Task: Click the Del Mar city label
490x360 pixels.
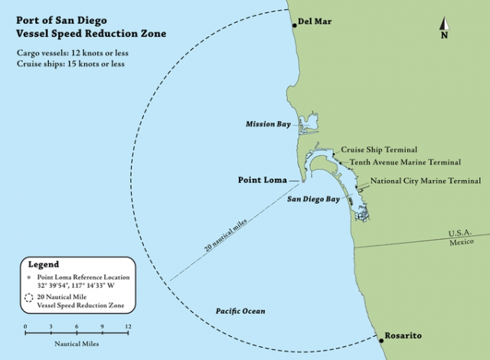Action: pyautogui.click(x=315, y=21)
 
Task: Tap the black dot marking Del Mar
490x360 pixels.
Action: pyautogui.click(x=294, y=25)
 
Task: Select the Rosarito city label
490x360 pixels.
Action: pyautogui.click(x=403, y=336)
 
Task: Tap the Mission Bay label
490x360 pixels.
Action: pyautogui.click(x=267, y=124)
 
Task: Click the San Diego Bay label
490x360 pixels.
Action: pyautogui.click(x=313, y=199)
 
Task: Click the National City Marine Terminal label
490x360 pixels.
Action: pyautogui.click(x=426, y=182)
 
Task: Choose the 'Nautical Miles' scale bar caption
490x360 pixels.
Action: pyautogui.click(x=76, y=344)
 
